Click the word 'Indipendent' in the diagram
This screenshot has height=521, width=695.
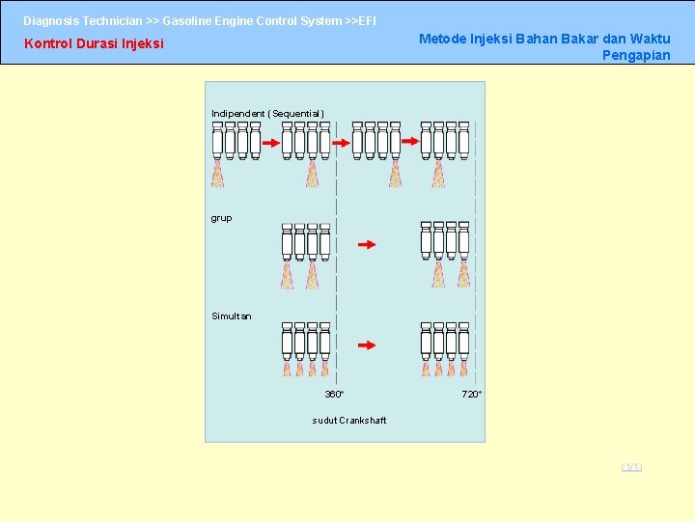[237, 114]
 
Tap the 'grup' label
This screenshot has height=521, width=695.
[222, 218]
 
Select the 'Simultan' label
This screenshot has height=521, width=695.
[232, 316]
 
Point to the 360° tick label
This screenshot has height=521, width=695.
[334, 395]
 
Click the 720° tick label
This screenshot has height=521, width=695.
[472, 395]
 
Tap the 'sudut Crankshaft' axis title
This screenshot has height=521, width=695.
[349, 421]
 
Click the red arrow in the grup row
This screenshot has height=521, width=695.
[367, 245]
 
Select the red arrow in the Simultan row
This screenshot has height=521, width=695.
[367, 344]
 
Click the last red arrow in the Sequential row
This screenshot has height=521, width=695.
[410, 141]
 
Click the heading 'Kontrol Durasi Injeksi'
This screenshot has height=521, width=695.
[94, 43]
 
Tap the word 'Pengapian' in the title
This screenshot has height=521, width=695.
[636, 55]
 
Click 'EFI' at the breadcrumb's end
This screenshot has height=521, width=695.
[368, 20]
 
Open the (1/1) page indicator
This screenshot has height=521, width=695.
[631, 468]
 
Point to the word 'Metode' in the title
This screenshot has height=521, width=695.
[441, 39]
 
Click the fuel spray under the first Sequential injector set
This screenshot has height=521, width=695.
[218, 174]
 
